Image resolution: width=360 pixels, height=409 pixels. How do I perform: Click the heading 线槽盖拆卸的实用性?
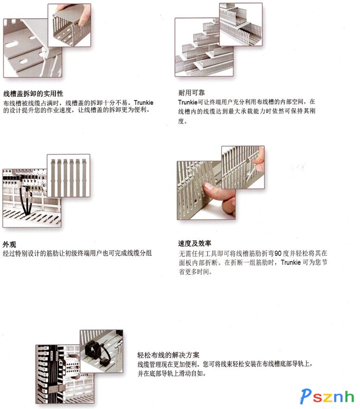[33, 94]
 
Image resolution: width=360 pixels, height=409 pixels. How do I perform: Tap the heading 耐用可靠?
[191, 93]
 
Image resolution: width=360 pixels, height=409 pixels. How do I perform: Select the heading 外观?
[9, 245]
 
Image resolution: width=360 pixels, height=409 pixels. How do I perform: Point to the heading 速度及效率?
[195, 243]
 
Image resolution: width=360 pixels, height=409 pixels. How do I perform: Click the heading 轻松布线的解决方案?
[168, 355]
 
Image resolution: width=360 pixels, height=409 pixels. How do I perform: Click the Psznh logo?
[327, 396]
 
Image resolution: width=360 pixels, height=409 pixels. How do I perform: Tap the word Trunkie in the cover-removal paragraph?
[144, 102]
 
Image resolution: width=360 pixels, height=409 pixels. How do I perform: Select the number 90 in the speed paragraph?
[278, 253]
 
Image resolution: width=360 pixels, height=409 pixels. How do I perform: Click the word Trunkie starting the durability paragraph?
[188, 102]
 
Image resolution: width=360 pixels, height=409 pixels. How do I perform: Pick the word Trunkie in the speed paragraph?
[291, 263]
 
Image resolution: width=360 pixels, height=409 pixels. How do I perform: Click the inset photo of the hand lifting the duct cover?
[69, 25]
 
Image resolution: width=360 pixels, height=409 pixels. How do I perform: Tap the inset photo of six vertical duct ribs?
[69, 176]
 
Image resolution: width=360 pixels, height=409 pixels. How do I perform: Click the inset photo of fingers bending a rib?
[243, 168]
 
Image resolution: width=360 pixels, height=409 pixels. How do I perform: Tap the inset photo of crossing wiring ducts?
[241, 25]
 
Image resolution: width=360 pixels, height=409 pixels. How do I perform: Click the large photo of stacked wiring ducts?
[204, 47]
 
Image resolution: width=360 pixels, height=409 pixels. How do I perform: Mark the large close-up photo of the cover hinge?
[32, 48]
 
